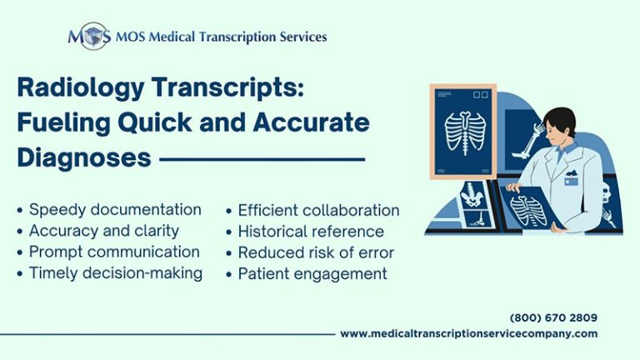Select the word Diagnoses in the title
83,157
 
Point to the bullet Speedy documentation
114,209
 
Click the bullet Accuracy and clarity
103,230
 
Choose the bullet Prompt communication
113,252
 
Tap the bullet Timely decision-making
115,273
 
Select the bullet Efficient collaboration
318,210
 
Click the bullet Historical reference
311,231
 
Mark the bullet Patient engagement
312,273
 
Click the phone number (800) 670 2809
553,317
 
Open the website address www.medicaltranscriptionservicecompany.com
468,333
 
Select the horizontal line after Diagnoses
262,158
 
